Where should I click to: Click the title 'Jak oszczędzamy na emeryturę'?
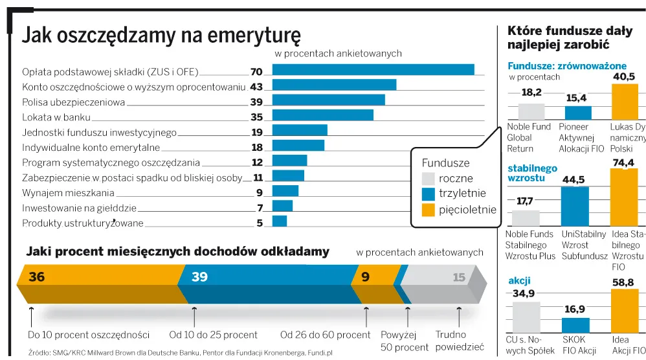tap(161, 34)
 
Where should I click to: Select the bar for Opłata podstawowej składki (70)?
tap(373, 70)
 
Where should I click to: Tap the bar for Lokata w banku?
tap(322, 115)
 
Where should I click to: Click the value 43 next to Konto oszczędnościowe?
tap(256, 87)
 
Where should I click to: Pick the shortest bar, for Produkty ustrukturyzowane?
tap(280, 221)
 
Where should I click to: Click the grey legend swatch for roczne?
tap(428, 179)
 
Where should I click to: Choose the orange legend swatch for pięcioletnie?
tap(428, 210)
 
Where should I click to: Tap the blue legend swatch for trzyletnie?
tap(428, 194)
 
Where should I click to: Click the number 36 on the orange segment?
tap(37, 277)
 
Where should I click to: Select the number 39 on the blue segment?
tap(199, 277)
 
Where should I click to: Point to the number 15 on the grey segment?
tap(459, 278)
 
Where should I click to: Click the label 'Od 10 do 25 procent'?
tap(213, 335)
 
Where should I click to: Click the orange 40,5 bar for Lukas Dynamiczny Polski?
tap(625, 101)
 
